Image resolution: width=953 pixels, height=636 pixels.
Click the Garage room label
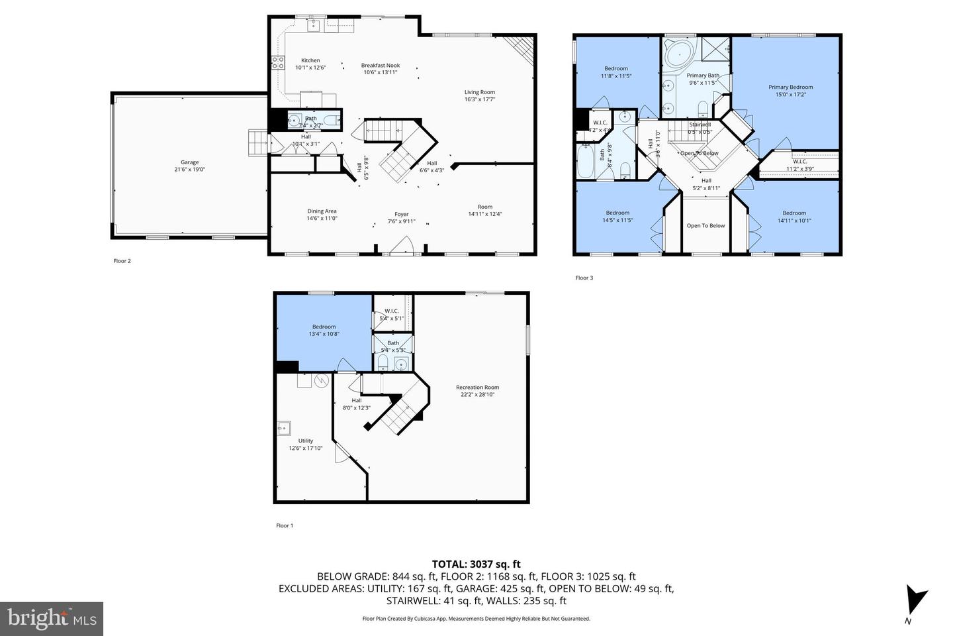tap(190, 162)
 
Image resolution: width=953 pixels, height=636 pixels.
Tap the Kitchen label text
tap(310, 60)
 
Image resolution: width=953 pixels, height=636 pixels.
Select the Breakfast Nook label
tap(381, 65)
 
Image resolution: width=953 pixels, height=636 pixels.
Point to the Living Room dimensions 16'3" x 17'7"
tap(480, 99)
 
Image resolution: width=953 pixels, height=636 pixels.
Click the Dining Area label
tap(322, 211)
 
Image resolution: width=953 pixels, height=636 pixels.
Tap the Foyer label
tap(402, 214)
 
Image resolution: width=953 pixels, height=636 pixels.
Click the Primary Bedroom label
tap(790, 87)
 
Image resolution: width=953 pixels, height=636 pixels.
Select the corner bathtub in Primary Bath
tap(677, 52)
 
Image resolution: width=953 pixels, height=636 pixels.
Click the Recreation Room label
tap(477, 387)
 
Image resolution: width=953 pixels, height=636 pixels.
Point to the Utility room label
tap(305, 441)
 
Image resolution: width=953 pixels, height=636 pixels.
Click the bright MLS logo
tap(51, 619)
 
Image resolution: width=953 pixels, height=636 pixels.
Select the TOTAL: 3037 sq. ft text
tap(476, 564)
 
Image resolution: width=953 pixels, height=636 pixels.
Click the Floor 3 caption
tap(584, 278)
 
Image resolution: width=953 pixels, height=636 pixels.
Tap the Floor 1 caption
tap(284, 525)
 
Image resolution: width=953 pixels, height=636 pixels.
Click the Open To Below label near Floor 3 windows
tap(705, 225)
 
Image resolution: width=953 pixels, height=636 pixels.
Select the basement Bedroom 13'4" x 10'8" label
tap(324, 327)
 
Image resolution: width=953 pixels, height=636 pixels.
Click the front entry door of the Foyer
tap(402, 249)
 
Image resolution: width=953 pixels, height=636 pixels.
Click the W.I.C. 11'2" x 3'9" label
tap(799, 161)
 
